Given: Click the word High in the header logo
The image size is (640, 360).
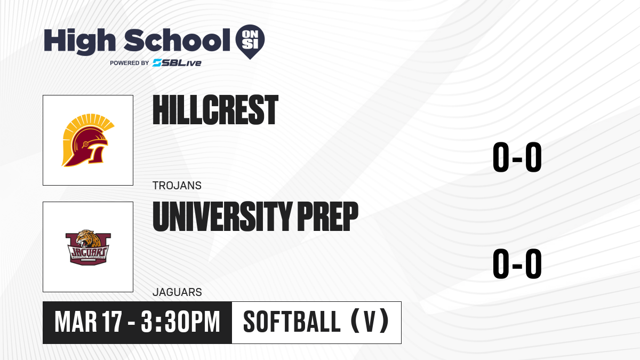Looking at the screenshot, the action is click(x=79, y=41).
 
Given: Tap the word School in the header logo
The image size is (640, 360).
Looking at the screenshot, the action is click(x=177, y=40).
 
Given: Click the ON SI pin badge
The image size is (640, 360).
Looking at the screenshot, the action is click(x=250, y=42).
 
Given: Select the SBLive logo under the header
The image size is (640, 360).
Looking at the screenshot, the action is click(x=177, y=63).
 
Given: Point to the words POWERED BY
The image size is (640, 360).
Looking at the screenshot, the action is click(x=130, y=63).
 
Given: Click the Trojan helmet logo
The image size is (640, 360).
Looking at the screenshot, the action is click(x=87, y=140).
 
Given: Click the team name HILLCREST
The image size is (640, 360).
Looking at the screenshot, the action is click(x=215, y=110).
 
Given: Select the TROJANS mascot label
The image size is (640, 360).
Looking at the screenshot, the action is click(x=177, y=186).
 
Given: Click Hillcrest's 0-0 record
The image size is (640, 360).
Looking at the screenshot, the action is click(x=517, y=157).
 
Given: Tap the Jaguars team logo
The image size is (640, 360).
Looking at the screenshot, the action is click(x=88, y=247).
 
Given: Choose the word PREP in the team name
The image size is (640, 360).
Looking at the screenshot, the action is click(x=327, y=217).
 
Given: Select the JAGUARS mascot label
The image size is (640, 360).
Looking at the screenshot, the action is click(x=177, y=292).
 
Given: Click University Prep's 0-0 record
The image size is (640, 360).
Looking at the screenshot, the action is click(x=517, y=263).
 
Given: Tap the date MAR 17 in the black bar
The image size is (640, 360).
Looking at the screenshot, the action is click(x=89, y=322).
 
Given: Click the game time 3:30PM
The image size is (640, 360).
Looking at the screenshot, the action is click(x=180, y=322).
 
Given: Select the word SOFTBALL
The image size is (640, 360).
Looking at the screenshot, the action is click(x=292, y=322).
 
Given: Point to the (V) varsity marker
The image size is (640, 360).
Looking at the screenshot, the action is click(x=370, y=321).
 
